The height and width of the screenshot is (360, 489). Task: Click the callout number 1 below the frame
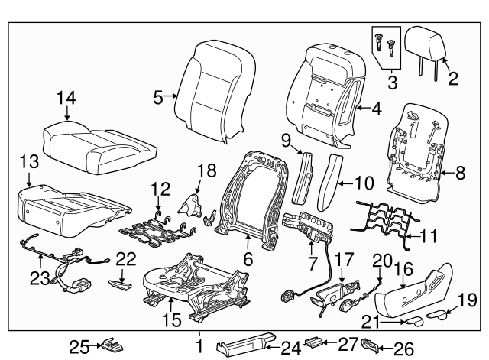(x=199, y=347)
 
